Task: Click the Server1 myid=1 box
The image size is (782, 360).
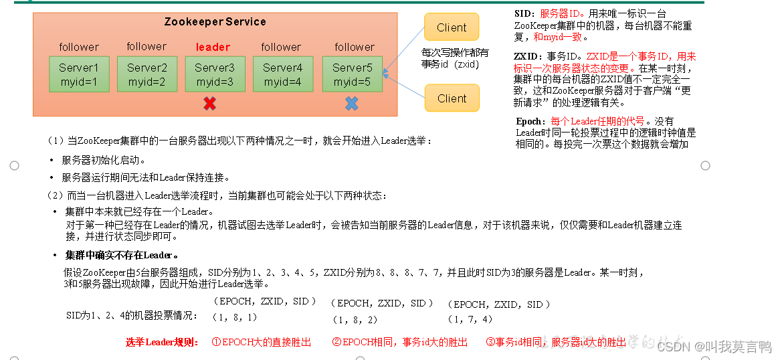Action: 78,74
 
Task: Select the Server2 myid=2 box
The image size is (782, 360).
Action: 146,74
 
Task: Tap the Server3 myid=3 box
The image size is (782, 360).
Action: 215,74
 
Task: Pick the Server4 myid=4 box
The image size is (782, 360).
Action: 283,74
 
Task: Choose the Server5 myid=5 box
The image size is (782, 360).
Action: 352,74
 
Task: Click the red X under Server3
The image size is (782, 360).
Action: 209,104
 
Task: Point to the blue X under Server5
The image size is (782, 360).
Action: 351,104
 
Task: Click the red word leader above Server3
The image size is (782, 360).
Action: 213,47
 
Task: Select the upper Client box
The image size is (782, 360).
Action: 452,27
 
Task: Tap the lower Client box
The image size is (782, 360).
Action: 452,98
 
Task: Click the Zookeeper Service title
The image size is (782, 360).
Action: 215,22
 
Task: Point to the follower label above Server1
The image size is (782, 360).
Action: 79,47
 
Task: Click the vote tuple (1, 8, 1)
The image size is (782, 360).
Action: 235,317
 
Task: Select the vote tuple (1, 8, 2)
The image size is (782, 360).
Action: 355,320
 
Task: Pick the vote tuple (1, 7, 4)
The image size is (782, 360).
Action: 470,320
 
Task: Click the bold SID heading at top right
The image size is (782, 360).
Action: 523,13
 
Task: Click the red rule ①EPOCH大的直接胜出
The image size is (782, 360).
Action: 261,342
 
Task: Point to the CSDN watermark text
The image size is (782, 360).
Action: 713,347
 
